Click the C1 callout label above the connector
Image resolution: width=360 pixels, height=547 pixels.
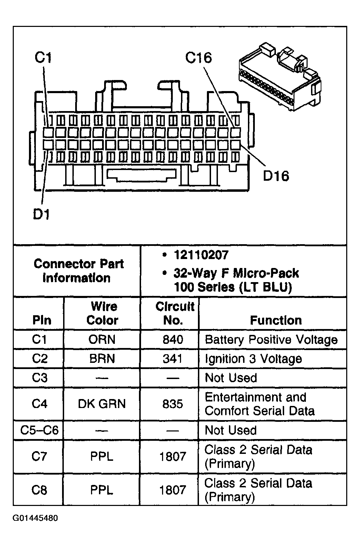pyautogui.click(x=43, y=58)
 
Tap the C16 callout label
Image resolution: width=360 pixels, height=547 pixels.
pyautogui.click(x=198, y=58)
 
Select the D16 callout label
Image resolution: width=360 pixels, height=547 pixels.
pyautogui.click(x=276, y=176)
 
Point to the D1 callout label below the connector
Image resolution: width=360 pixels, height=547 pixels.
pyautogui.click(x=41, y=214)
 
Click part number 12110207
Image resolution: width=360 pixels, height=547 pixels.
pyautogui.click(x=201, y=255)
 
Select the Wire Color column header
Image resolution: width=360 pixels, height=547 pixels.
pyautogui.click(x=103, y=313)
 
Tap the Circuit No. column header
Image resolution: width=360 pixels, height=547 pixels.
pyautogui.click(x=175, y=313)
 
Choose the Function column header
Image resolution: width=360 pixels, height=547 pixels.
pyautogui.click(x=276, y=320)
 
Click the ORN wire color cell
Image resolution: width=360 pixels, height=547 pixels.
pyautogui.click(x=102, y=339)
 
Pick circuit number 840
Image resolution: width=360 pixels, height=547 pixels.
pyautogui.click(x=173, y=339)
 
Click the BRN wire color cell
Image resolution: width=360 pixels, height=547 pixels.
pyautogui.click(x=102, y=358)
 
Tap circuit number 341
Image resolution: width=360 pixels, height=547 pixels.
pyautogui.click(x=172, y=358)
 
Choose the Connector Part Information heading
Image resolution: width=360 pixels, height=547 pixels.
pyautogui.click(x=78, y=271)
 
